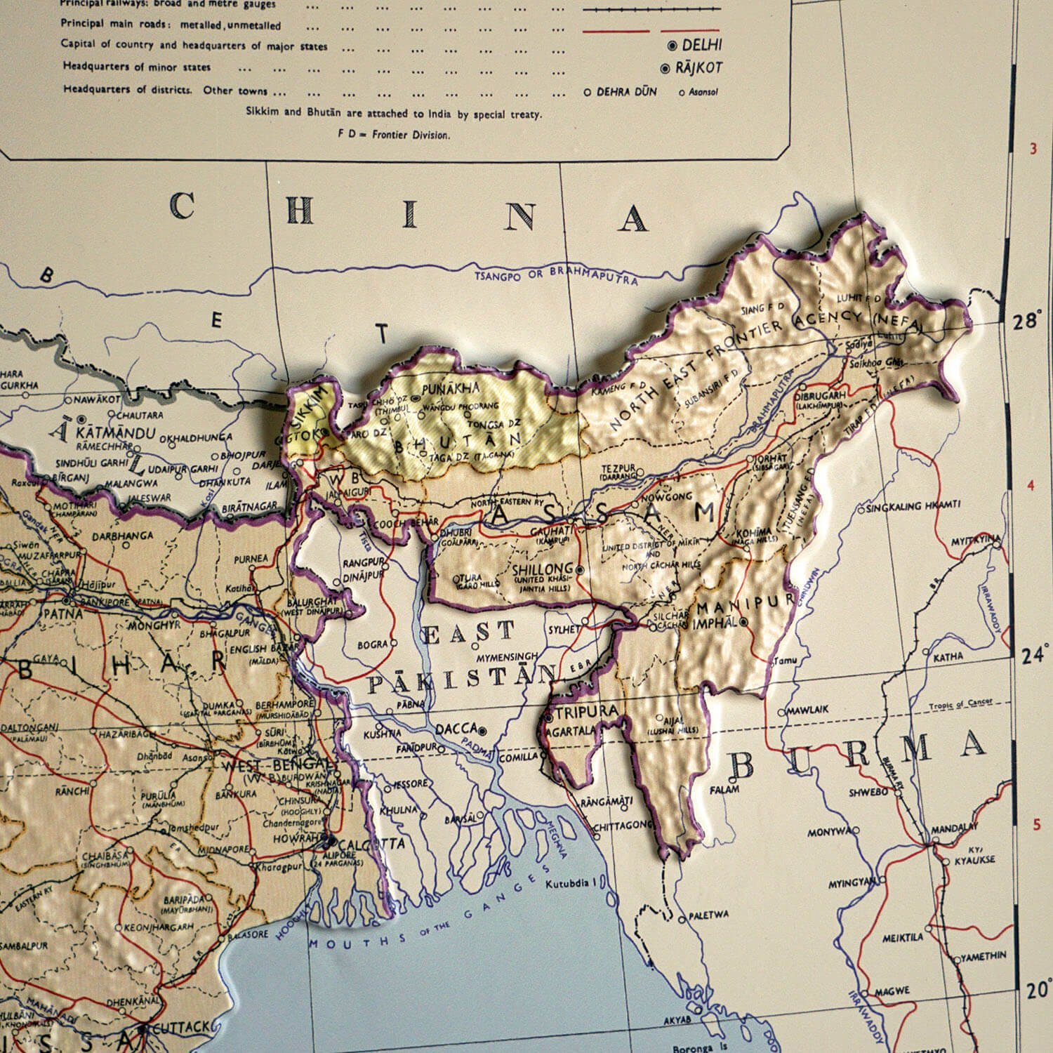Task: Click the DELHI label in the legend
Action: coord(701,46)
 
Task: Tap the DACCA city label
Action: coord(456,729)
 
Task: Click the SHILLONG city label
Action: coord(543,569)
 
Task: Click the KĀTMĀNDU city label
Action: coord(119,432)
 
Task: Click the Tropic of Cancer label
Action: coord(959,706)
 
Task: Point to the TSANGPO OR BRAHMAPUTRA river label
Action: coord(556,274)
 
